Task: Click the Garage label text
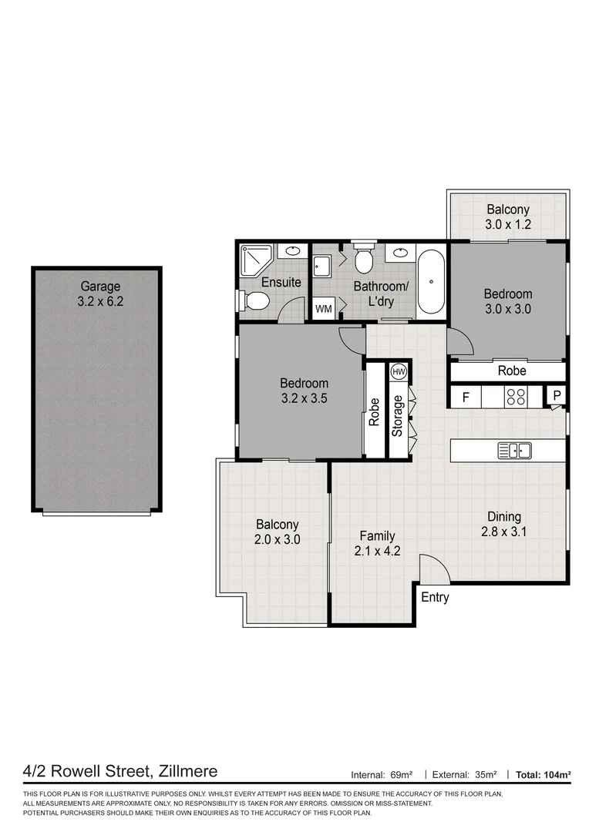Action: (100, 287)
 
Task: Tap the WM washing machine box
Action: (324, 309)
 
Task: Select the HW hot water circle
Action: (399, 372)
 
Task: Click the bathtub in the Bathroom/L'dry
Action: (431, 282)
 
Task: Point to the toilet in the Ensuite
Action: (255, 300)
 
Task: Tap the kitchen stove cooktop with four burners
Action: (516, 397)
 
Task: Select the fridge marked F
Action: (466, 397)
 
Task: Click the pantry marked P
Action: (557, 395)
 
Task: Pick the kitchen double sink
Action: (515, 451)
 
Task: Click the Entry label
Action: (435, 598)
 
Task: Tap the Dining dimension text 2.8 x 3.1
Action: (504, 532)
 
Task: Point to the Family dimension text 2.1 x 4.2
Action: (377, 552)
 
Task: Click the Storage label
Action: (397, 416)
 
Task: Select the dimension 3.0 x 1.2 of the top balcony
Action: (508, 224)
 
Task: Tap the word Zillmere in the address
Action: (188, 771)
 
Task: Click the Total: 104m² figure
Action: (544, 775)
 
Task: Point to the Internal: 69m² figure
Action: (382, 775)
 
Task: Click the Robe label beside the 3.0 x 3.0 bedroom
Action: (512, 371)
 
